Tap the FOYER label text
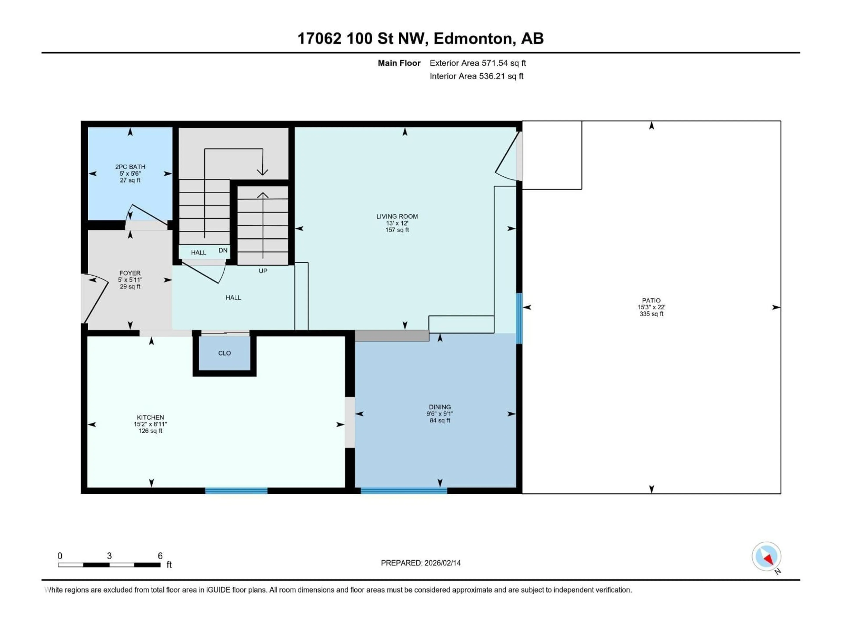[130, 273]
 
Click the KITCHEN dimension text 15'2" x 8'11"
[150, 424]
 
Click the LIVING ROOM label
[397, 216]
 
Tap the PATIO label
[651, 300]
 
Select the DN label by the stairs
[223, 250]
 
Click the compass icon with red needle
[766, 557]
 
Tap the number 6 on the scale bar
[160, 556]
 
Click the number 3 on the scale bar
[109, 556]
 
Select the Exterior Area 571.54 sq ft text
[478, 63]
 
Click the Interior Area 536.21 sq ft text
[476, 76]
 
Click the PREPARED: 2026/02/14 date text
[421, 563]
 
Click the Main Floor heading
[399, 63]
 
